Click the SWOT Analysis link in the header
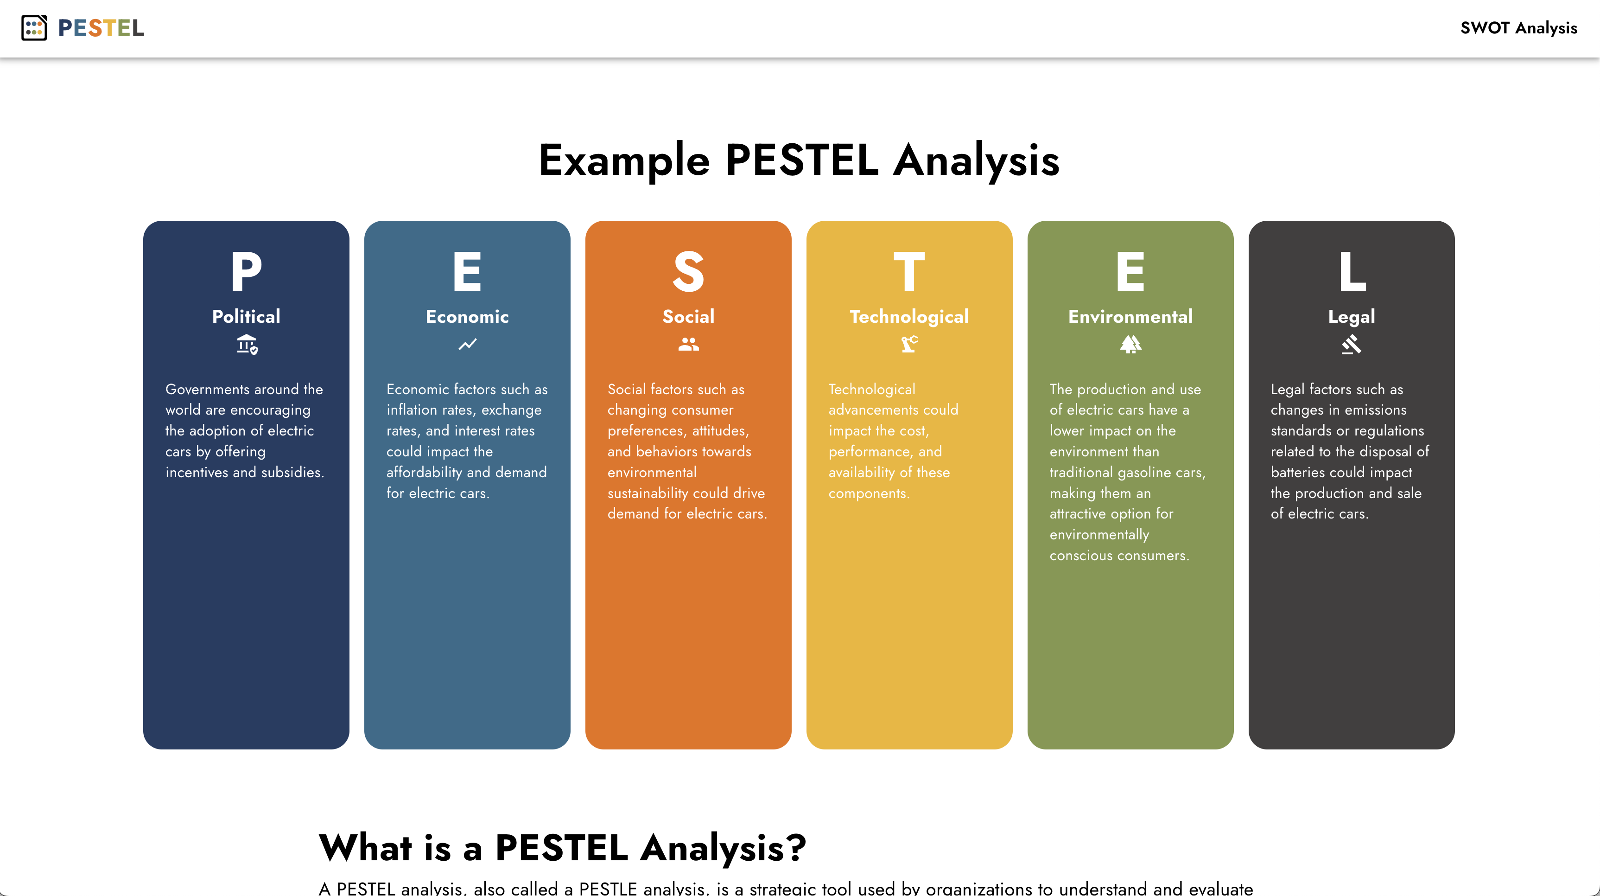click(x=1518, y=28)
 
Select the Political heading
click(x=246, y=316)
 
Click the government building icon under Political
click(x=247, y=344)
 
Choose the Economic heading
click(x=467, y=316)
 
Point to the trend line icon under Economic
click(x=468, y=344)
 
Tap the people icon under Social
click(x=688, y=344)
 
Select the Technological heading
click(x=909, y=316)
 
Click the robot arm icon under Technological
click(x=909, y=344)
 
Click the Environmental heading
click(x=1130, y=316)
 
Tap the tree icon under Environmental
click(x=1130, y=344)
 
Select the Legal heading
click(x=1352, y=316)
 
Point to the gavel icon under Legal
click(x=1352, y=344)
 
